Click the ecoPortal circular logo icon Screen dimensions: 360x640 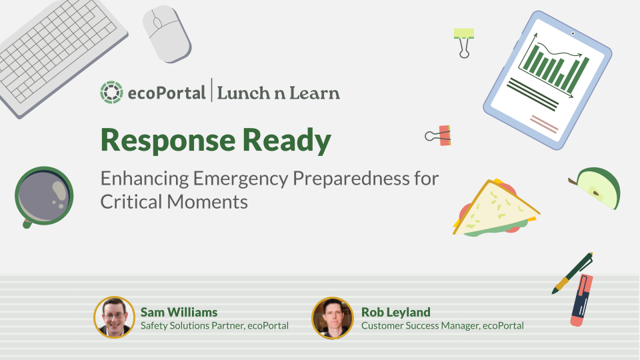pos(111,93)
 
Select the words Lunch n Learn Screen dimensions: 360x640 pos(278,93)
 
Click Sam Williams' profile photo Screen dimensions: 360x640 pos(115,317)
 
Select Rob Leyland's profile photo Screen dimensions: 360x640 pos(332,317)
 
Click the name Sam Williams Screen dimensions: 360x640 pos(179,312)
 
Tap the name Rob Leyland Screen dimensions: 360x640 pos(395,312)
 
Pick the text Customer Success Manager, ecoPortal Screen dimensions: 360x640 pos(442,325)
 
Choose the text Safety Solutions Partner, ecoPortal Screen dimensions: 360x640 pos(214,325)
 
